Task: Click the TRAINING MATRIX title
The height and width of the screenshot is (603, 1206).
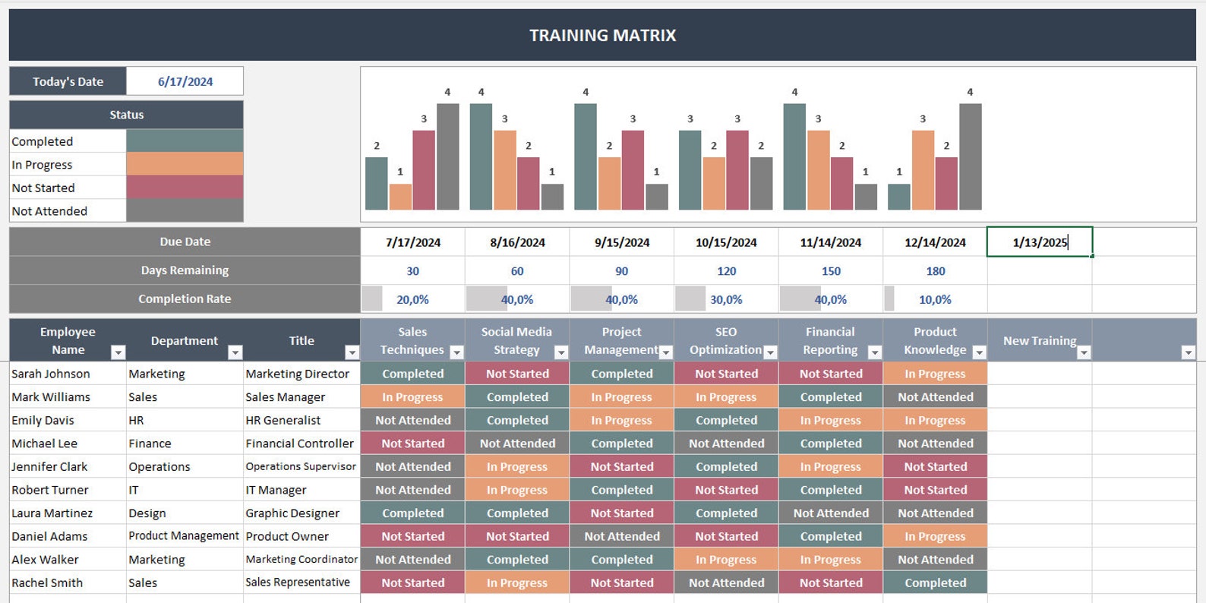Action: pos(602,35)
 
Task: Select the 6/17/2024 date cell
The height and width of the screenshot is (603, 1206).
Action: pos(185,81)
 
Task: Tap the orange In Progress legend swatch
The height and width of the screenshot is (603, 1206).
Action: pos(185,164)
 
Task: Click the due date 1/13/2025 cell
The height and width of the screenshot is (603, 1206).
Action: pos(1040,242)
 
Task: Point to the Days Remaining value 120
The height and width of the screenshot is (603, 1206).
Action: pos(726,271)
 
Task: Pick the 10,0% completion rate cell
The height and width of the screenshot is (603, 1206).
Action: pos(935,299)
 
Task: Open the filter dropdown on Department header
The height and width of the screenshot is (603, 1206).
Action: pos(235,352)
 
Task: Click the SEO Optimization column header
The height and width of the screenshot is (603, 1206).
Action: pos(725,340)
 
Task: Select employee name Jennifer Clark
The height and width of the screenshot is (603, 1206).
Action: pos(49,466)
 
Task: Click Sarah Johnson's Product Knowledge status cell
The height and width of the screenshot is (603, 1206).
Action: pos(935,374)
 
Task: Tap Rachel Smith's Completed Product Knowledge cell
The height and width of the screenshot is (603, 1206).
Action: pos(935,582)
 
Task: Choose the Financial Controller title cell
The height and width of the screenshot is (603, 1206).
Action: pos(300,444)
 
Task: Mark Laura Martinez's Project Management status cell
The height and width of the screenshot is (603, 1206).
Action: pos(621,513)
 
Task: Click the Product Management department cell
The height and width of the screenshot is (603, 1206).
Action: pos(184,536)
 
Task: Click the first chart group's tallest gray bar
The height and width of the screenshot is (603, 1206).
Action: pos(447,156)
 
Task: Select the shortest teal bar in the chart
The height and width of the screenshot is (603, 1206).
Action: pos(899,197)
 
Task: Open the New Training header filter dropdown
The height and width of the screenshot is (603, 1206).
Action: pos(1084,352)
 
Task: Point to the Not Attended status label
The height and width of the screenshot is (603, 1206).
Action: pos(49,211)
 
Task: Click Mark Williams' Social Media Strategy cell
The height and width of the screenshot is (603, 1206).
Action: pos(517,397)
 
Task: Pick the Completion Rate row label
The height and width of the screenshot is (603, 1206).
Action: pos(185,299)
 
